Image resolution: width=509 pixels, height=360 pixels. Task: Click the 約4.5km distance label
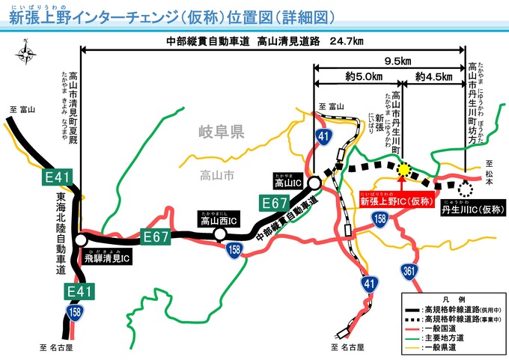(433, 77)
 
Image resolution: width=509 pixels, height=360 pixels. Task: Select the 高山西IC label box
(219, 219)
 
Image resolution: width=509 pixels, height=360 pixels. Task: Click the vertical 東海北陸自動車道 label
(61, 233)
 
